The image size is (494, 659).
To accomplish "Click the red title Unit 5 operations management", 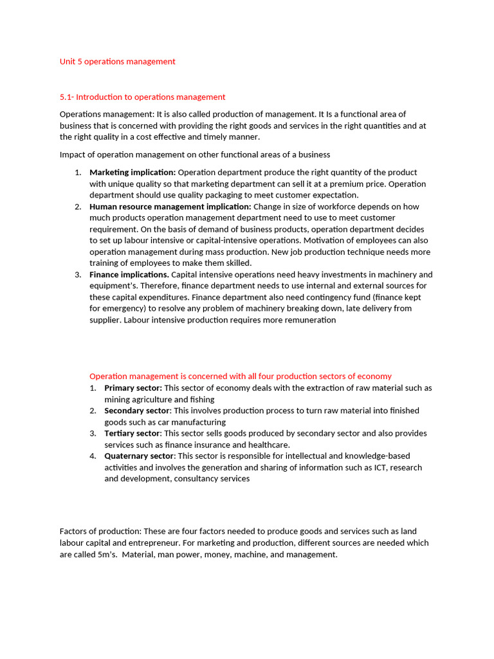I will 117,62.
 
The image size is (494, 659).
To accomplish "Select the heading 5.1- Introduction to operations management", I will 142,97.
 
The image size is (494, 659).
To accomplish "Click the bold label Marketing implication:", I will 132,172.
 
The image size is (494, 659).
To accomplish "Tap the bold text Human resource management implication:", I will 170,207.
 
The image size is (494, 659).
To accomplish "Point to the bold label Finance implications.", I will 129,275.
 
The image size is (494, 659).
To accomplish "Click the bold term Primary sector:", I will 133,388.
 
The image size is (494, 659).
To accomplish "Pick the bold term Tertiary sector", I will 132,433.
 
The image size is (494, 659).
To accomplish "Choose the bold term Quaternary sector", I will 139,456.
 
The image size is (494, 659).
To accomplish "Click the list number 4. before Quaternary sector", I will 93,456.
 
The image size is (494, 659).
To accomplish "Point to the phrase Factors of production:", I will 100,532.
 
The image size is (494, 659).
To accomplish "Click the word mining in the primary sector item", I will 118,400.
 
